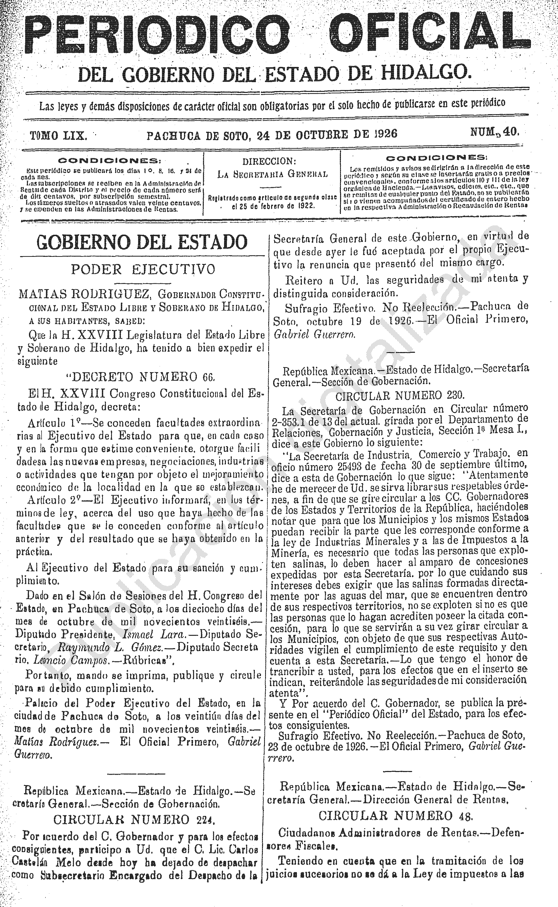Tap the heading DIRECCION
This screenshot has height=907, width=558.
[269, 162]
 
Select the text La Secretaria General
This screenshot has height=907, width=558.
[272, 174]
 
